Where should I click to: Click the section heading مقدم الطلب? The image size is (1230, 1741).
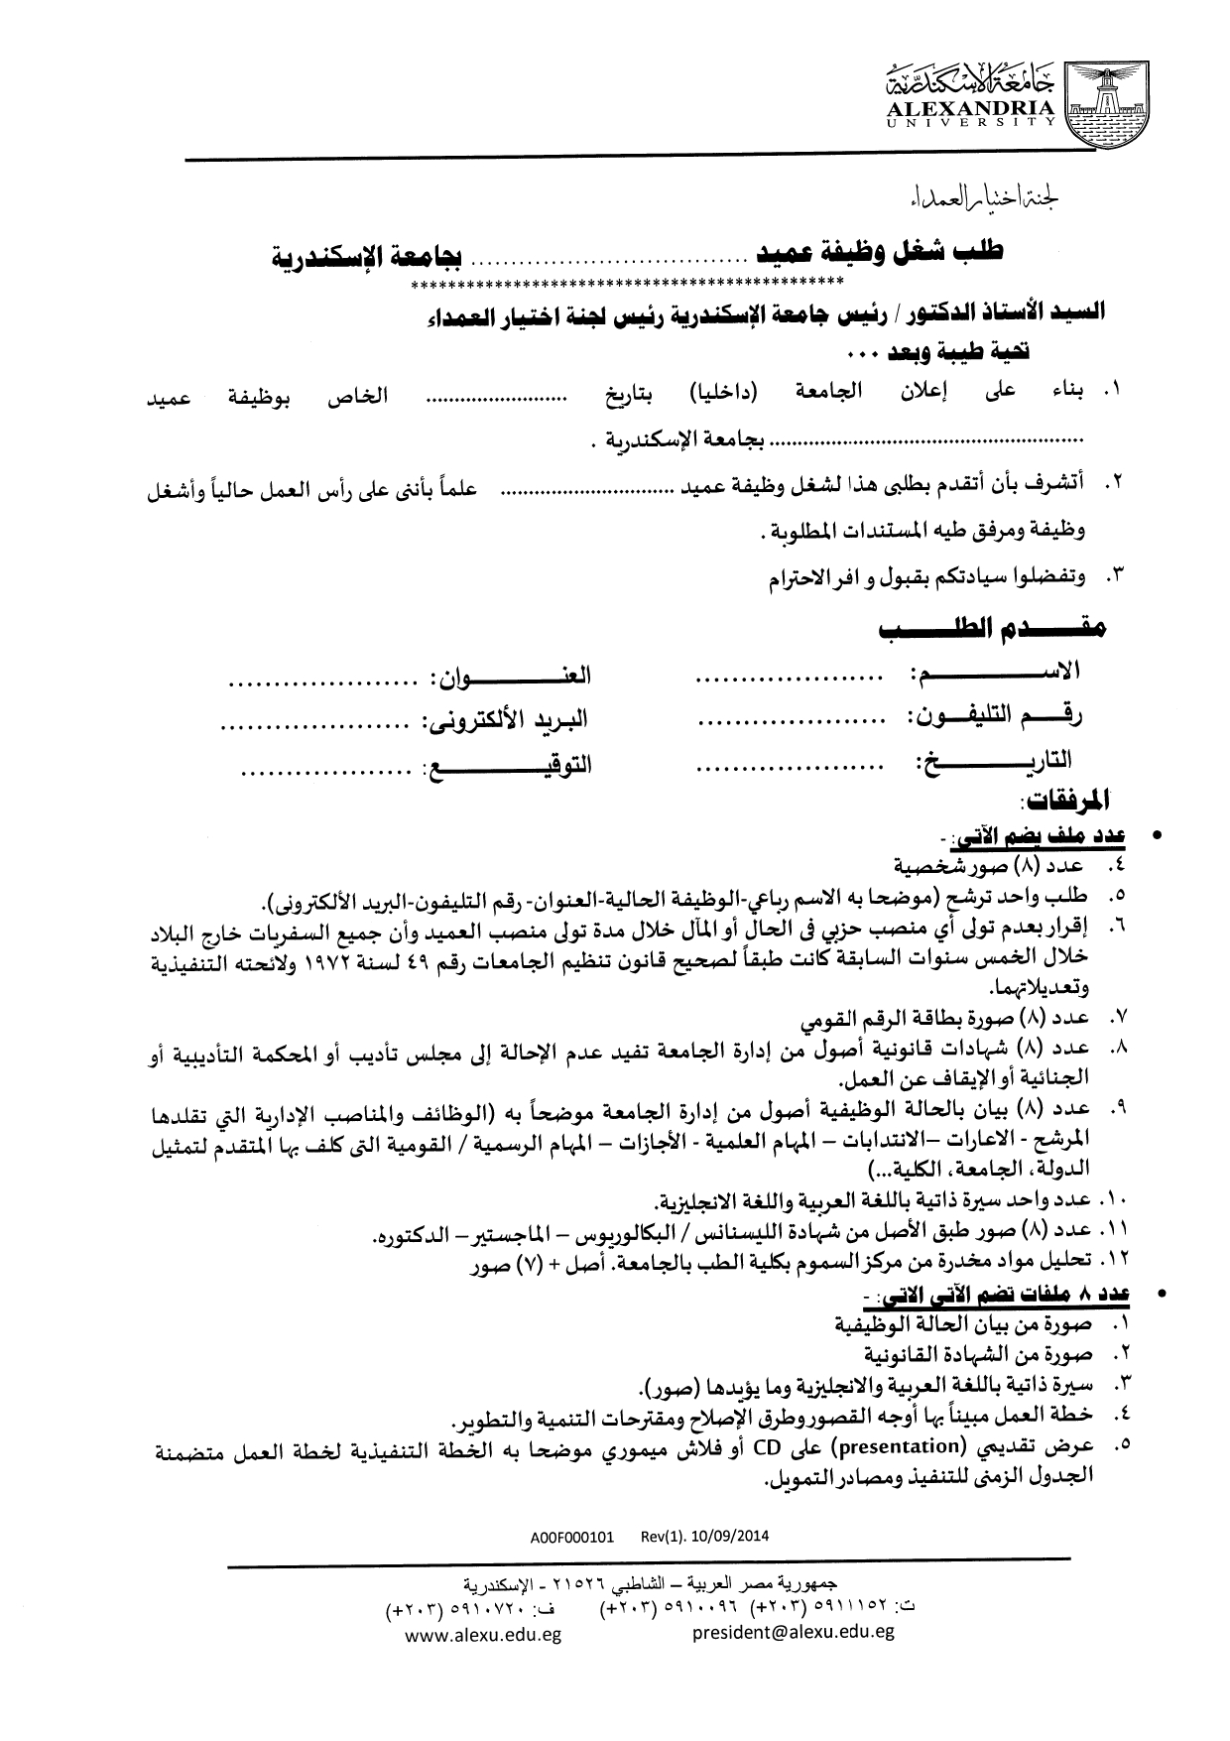coord(991,630)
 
